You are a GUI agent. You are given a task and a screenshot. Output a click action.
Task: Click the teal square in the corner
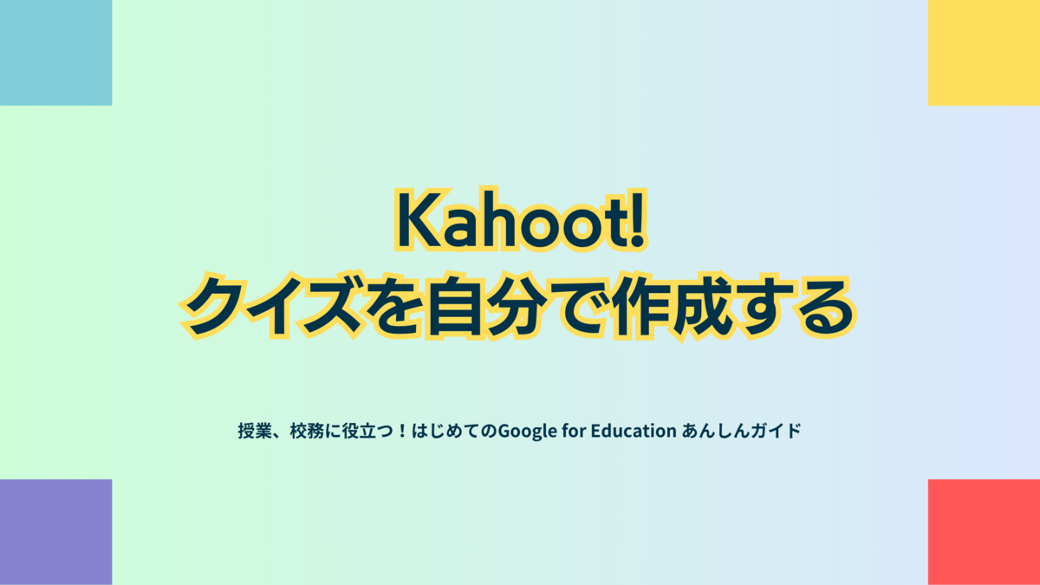55,53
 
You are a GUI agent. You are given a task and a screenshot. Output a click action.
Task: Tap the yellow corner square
984,53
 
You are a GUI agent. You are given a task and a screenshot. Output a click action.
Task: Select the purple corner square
55,532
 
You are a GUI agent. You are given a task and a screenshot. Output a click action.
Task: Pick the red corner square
984,532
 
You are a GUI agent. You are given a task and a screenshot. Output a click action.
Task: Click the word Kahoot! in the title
521,219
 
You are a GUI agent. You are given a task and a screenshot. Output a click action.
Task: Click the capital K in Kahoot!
418,220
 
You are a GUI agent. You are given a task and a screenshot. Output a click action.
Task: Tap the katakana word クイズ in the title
271,305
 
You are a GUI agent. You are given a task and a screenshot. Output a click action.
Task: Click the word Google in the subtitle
528,432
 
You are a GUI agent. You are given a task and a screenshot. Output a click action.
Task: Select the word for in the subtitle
574,431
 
